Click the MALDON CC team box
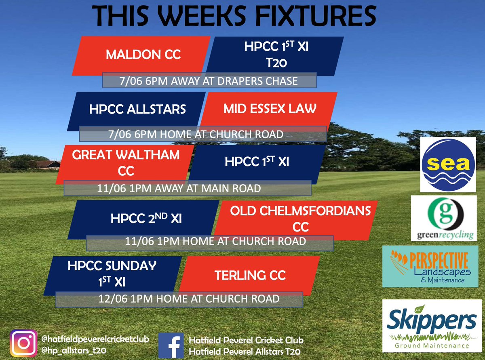(143, 55)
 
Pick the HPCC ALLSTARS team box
(138, 109)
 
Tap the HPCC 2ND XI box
(147, 219)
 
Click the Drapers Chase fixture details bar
(209, 81)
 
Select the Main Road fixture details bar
(187, 188)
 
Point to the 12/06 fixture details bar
(179, 299)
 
